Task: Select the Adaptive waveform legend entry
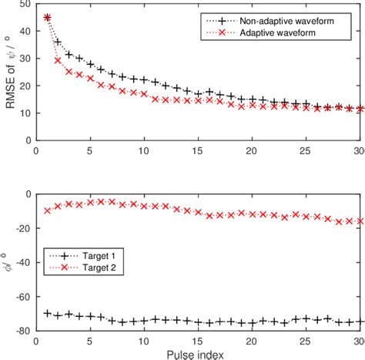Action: (283, 35)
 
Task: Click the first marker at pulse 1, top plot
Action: (47, 17)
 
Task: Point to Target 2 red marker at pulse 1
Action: (47, 189)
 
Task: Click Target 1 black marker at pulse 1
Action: (47, 313)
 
